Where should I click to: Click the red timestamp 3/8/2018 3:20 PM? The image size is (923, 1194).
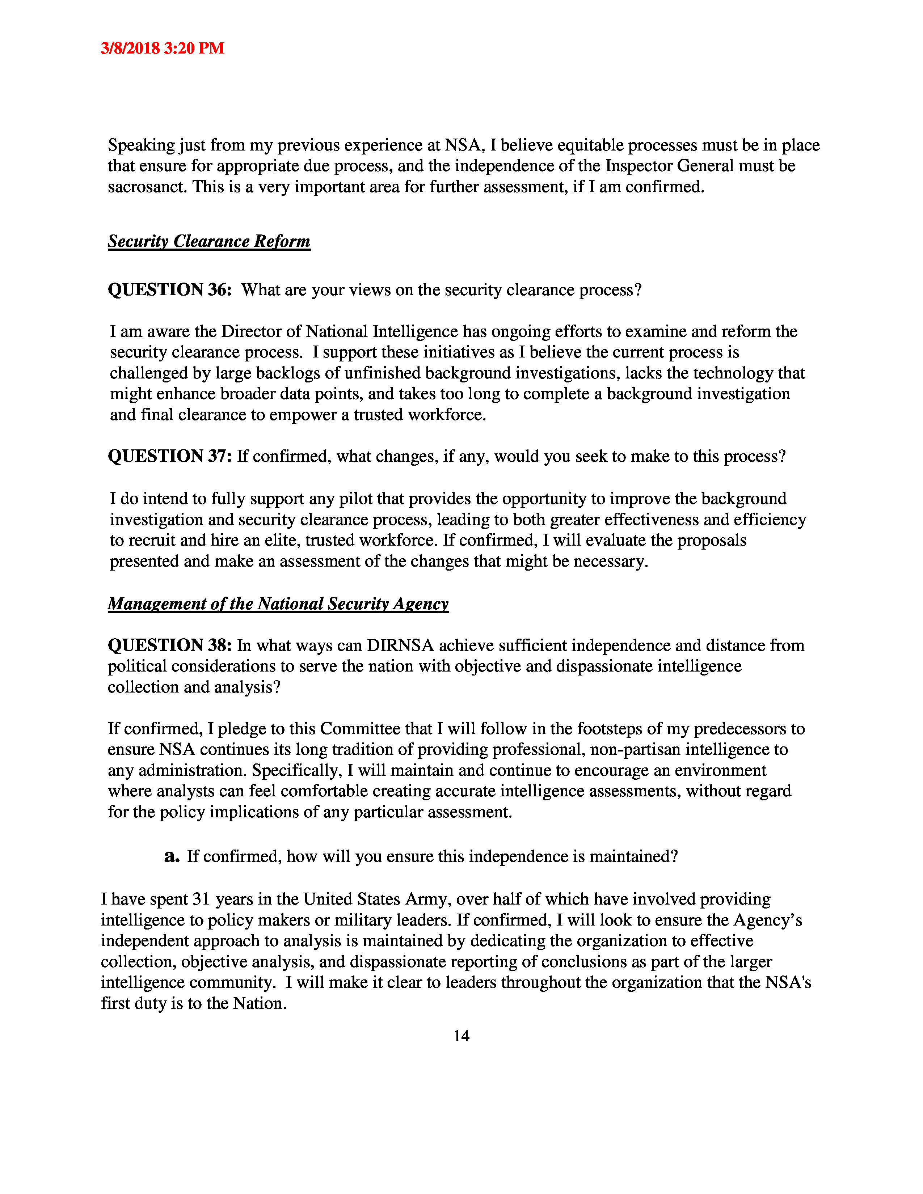click(x=163, y=48)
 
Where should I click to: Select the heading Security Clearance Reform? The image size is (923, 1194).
click(x=209, y=241)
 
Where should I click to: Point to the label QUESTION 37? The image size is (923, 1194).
click(x=169, y=456)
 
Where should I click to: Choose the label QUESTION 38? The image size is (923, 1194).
click(x=169, y=645)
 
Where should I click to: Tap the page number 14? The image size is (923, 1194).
click(x=461, y=1036)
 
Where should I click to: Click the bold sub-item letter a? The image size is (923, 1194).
click(x=172, y=856)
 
